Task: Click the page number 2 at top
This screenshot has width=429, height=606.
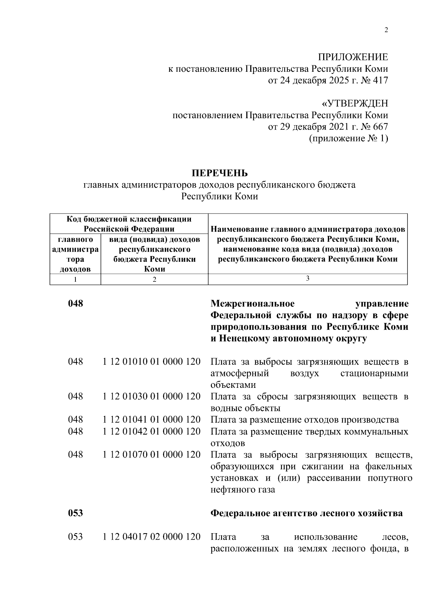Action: [386, 30]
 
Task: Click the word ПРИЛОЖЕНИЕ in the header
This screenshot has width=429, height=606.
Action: [353, 57]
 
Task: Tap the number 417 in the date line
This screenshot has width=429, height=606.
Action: [380, 81]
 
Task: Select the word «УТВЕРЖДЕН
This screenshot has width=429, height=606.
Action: [355, 104]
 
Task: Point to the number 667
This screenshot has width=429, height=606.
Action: [380, 127]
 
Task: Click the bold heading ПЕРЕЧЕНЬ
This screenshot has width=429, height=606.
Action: [220, 174]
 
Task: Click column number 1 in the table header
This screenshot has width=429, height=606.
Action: [75, 280]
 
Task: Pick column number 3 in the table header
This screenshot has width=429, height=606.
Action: [307, 279]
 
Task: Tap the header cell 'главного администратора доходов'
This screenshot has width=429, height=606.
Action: [75, 254]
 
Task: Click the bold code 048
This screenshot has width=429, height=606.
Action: [75, 304]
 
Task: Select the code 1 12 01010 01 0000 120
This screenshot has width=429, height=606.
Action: [152, 362]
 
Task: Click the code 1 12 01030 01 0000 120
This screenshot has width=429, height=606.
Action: [152, 396]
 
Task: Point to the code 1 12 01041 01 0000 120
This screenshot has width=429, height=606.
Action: [152, 420]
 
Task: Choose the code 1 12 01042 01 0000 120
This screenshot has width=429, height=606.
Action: [152, 431]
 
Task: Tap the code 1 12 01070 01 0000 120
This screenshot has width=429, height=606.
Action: [152, 455]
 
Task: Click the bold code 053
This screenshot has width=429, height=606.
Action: [75, 513]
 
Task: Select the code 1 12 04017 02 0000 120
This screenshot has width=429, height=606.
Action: [152, 537]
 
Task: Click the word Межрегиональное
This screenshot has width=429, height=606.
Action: [252, 304]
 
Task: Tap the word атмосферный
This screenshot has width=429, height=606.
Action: [239, 374]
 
